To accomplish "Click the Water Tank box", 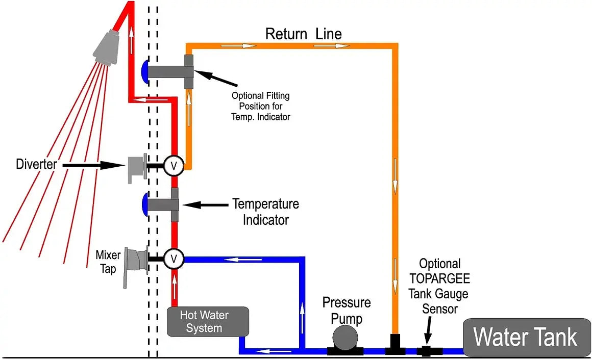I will [526, 338].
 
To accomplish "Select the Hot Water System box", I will [207, 321].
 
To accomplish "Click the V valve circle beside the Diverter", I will [174, 165].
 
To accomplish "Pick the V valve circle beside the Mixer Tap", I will [174, 259].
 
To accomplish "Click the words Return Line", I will [303, 34].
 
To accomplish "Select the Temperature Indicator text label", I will [265, 212].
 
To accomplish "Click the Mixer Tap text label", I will [108, 261].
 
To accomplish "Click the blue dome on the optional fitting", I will [144, 71].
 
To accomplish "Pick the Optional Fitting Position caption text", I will [261, 106].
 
